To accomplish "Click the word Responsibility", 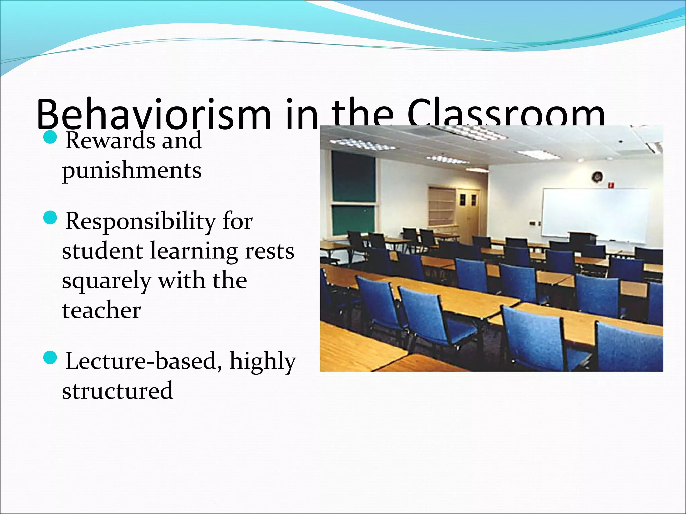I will [141, 221].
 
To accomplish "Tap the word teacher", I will [101, 310].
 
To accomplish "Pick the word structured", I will [117, 390].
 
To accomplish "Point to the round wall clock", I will [597, 177].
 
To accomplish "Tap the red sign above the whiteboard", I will [611, 184].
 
